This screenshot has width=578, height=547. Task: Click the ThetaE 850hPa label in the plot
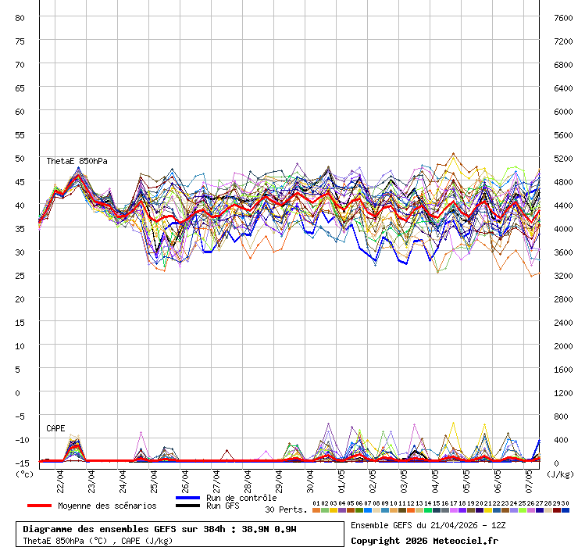tap(77, 161)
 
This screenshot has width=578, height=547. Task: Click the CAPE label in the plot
tap(55, 428)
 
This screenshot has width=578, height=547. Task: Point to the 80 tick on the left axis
tap(20, 17)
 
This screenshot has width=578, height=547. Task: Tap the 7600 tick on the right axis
tap(563, 17)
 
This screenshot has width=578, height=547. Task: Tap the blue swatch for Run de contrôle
tap(188, 498)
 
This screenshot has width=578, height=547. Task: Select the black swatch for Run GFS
tap(188, 506)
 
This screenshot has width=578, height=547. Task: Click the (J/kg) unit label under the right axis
tap(560, 474)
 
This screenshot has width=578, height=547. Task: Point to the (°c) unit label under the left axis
tap(25, 474)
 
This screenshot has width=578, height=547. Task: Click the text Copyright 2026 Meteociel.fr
tap(424, 540)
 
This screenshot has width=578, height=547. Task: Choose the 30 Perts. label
tap(286, 509)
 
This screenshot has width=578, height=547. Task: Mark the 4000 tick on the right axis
tap(563, 228)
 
